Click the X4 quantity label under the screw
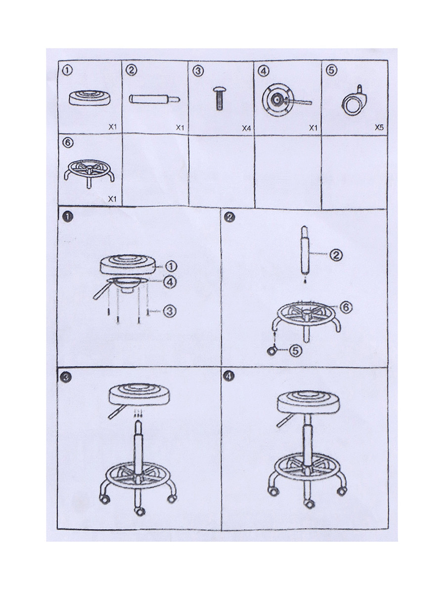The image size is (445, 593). pos(246,128)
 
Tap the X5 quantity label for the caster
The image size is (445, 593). pos(379,127)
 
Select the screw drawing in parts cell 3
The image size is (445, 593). pos(220,98)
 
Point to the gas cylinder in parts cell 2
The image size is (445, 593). pos(154,99)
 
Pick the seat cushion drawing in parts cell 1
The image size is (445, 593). pos(89,98)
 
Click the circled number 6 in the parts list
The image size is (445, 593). pos(68,143)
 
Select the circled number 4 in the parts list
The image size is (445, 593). pos(264,71)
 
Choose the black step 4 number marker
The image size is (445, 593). pos(228,376)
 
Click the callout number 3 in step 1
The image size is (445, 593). pos(170,311)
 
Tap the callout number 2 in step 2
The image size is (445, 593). pos(336,255)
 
